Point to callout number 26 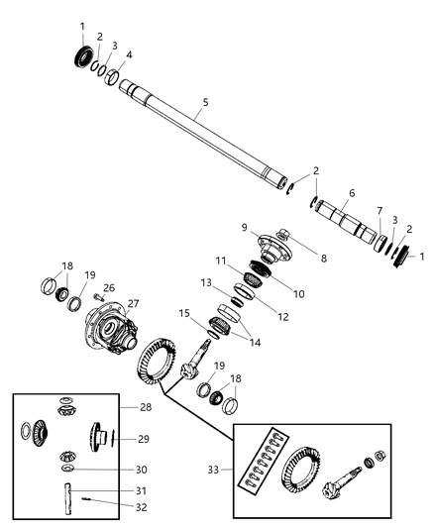click(109, 289)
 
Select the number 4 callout click(128, 54)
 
